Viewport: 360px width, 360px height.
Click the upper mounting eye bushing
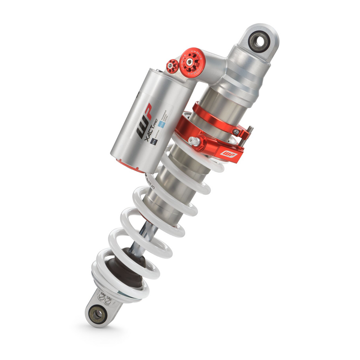pos(259,41)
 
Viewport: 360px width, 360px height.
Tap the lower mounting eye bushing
pos(98,313)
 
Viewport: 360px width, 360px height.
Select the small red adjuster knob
pos(172,66)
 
